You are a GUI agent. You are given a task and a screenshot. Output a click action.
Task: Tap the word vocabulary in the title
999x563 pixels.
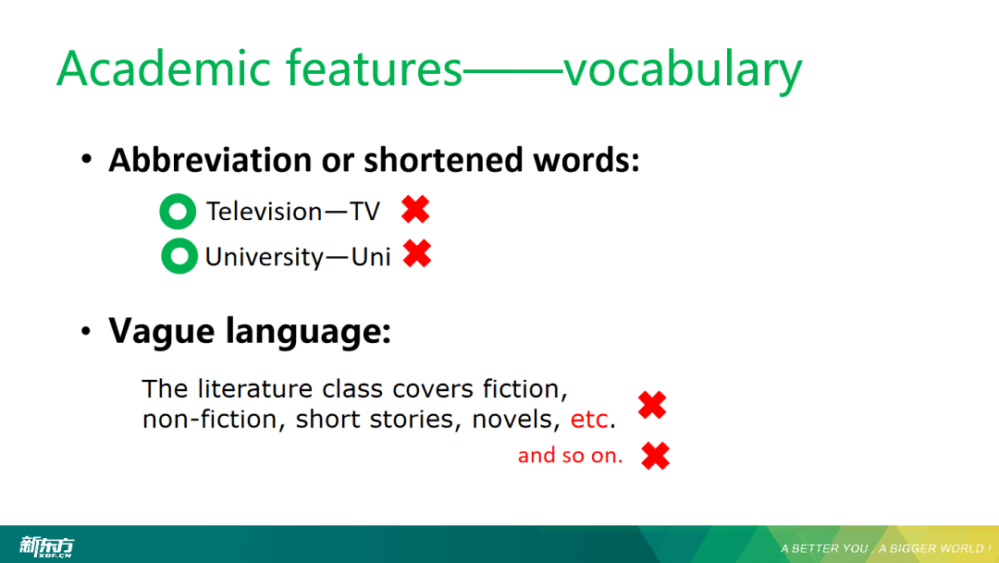(683, 70)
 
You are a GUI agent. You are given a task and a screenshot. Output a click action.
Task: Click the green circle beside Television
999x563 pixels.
(178, 212)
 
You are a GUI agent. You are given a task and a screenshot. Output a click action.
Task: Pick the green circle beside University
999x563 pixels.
(179, 256)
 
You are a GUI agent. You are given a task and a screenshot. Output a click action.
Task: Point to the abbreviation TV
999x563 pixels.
(365, 212)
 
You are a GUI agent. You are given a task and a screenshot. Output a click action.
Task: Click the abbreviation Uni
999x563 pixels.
(371, 257)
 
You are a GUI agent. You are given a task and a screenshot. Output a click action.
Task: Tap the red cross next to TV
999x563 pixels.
(415, 209)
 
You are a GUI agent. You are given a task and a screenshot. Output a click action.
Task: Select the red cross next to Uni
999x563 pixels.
(417, 253)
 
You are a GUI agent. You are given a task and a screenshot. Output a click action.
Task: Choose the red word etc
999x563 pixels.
(589, 419)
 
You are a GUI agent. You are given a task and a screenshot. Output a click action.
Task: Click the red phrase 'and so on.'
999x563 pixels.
(570, 456)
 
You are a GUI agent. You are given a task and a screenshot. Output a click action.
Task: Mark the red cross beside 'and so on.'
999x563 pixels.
(656, 456)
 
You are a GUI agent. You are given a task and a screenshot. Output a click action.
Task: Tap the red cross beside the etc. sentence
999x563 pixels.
(652, 405)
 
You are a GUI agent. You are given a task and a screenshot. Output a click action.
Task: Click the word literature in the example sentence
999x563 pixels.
(255, 388)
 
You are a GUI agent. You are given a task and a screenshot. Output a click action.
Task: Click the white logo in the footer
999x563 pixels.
(46, 546)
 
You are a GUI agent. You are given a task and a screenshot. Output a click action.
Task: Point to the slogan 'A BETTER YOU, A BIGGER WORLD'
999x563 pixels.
(885, 548)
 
